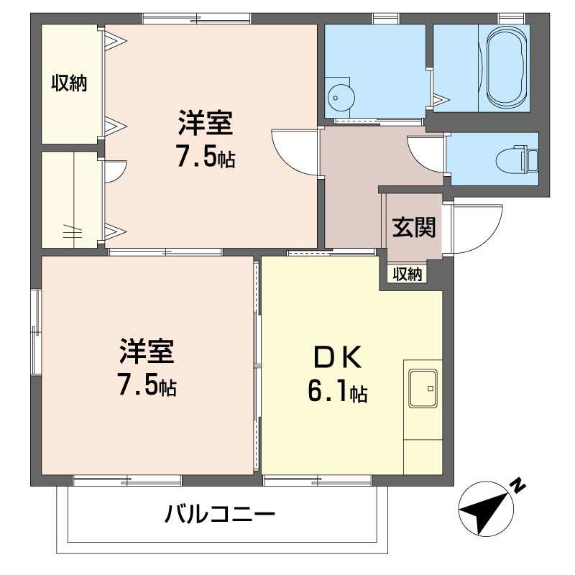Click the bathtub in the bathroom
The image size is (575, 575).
(x=505, y=68)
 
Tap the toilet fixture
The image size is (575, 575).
(x=517, y=159)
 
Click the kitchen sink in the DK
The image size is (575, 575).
(x=423, y=388)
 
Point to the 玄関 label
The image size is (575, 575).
(x=414, y=227)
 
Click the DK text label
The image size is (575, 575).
(x=338, y=357)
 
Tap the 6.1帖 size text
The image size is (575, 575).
(x=337, y=391)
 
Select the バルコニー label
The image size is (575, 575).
(x=219, y=513)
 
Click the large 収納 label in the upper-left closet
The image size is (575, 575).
(x=69, y=83)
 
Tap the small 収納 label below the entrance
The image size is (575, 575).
(x=408, y=274)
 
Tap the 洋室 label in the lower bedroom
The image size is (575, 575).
(x=147, y=351)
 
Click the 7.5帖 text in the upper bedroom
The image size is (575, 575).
(x=206, y=156)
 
